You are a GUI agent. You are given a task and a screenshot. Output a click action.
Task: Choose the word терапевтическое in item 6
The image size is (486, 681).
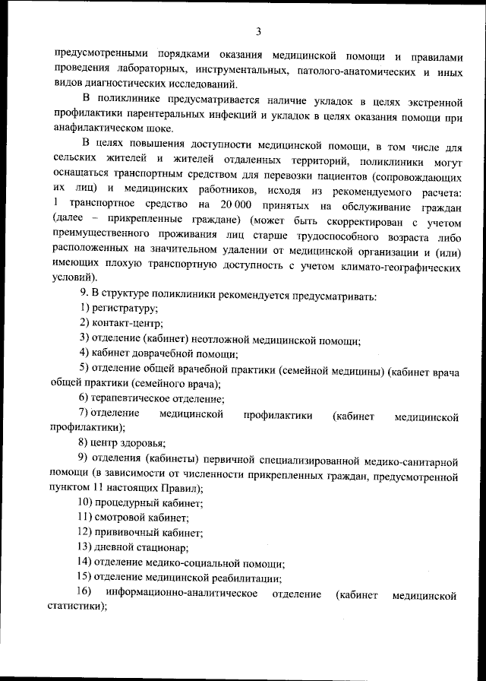[x=133, y=398]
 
